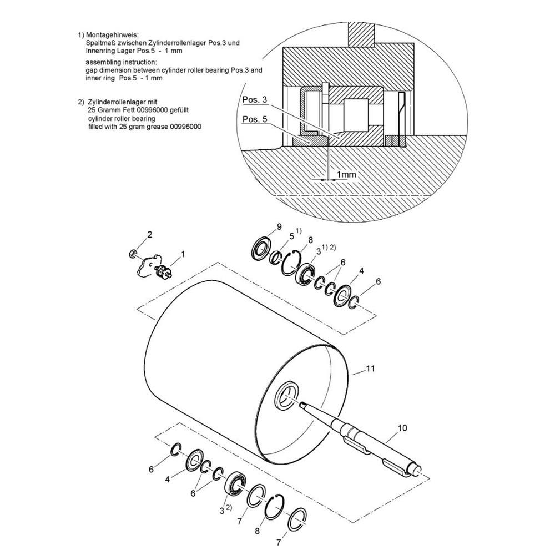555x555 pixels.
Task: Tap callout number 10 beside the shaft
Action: (x=402, y=428)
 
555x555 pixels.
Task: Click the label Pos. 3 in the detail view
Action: (x=255, y=100)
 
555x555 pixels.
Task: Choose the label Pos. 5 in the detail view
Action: (x=255, y=119)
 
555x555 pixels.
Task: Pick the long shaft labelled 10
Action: (x=361, y=438)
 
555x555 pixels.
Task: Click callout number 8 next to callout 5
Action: (x=310, y=240)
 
